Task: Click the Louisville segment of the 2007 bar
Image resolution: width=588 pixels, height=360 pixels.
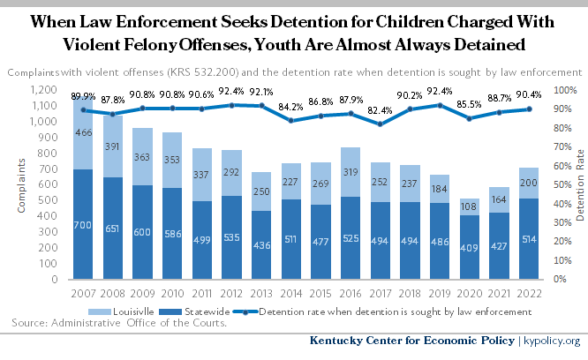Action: pos(82,132)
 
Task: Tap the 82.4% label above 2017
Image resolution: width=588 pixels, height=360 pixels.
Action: pos(379,111)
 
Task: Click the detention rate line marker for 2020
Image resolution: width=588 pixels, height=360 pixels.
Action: pos(469,118)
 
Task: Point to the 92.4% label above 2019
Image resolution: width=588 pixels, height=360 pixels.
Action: pos(439,93)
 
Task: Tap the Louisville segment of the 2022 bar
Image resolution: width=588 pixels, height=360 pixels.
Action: pos(528,183)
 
